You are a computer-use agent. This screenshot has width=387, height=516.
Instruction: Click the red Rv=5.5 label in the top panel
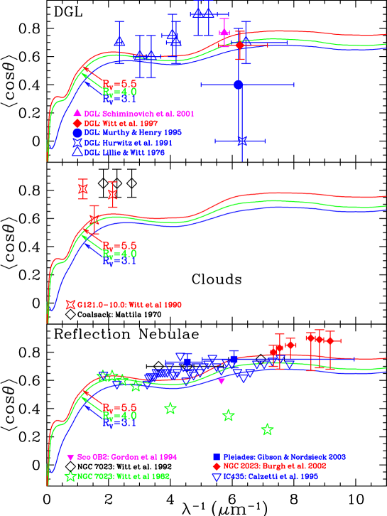tap(119, 84)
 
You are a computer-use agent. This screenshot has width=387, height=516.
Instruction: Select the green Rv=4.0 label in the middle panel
tap(119, 254)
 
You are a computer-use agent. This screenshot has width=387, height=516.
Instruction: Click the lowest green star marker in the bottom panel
tap(267, 429)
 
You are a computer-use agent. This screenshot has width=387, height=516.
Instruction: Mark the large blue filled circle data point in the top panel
tap(239, 85)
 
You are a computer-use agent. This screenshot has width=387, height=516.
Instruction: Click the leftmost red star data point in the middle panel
tap(83, 190)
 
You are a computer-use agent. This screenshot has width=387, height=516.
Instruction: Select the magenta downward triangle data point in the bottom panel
tap(222, 382)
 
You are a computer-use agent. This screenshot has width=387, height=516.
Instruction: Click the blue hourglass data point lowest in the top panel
tap(242, 141)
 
